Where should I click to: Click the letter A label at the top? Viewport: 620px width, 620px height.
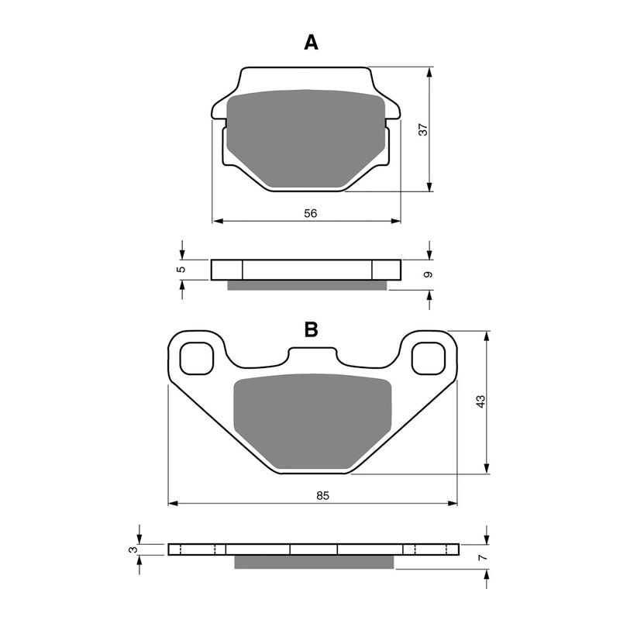311,43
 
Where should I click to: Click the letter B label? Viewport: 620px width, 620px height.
311,330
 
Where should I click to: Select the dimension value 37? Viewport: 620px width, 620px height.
423,129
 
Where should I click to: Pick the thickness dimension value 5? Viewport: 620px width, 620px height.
181,269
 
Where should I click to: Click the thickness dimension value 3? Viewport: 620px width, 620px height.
134,549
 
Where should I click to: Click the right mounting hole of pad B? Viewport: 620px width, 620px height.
427,357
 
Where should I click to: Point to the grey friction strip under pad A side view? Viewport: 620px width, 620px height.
306,285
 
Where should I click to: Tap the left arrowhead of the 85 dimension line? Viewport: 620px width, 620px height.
173,504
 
